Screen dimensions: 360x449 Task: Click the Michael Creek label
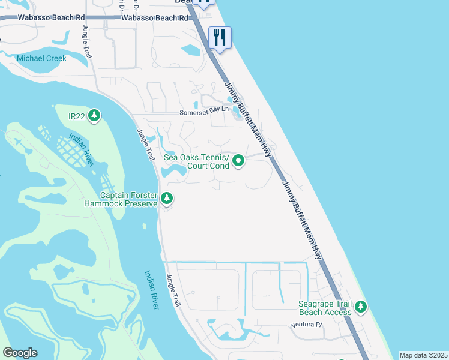point(41,58)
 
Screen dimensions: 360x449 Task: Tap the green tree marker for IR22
point(94,115)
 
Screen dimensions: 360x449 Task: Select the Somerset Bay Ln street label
point(205,112)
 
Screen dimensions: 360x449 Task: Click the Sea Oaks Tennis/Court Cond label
point(197,161)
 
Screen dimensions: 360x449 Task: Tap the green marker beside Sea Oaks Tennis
point(238,161)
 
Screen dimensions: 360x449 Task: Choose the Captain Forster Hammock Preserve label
point(128,199)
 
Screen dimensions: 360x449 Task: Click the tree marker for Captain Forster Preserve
point(167,198)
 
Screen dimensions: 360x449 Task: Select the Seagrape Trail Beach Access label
point(325,308)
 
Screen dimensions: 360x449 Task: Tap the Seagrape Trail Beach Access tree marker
point(360,307)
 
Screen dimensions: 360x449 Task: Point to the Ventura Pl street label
point(307,325)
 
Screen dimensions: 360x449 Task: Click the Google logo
point(20,353)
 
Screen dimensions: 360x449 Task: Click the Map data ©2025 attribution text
point(423,355)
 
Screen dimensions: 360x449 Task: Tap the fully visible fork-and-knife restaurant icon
point(220,38)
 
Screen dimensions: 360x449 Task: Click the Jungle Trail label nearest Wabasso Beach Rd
point(86,42)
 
